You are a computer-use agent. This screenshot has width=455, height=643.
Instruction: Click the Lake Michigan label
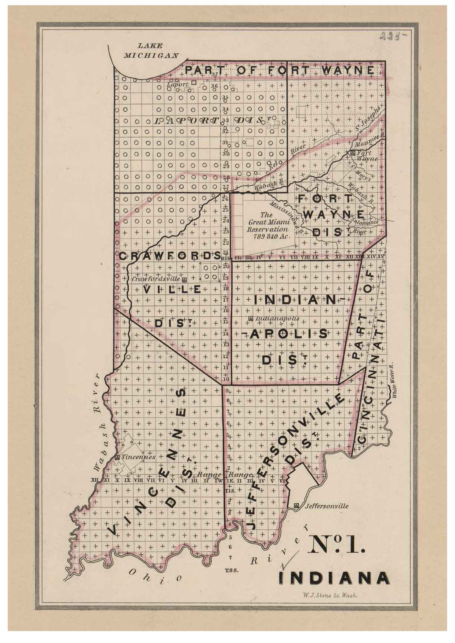[150, 50]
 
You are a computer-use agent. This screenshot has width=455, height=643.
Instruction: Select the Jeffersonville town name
[327, 506]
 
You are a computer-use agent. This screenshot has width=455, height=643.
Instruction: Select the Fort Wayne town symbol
[353, 153]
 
